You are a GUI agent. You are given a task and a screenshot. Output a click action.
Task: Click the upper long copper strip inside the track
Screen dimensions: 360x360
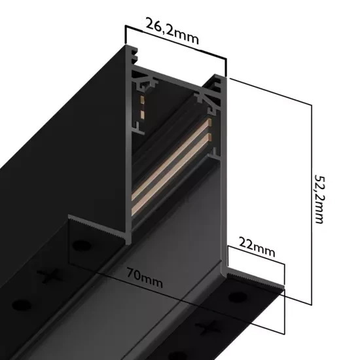click(171, 166)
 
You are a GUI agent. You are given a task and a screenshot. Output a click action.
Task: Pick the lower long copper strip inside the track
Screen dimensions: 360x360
click(171, 197)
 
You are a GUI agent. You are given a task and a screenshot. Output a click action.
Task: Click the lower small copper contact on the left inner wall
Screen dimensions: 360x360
click(139, 115)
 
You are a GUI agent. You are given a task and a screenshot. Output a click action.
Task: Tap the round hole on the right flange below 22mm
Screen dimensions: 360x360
click(234, 299)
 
